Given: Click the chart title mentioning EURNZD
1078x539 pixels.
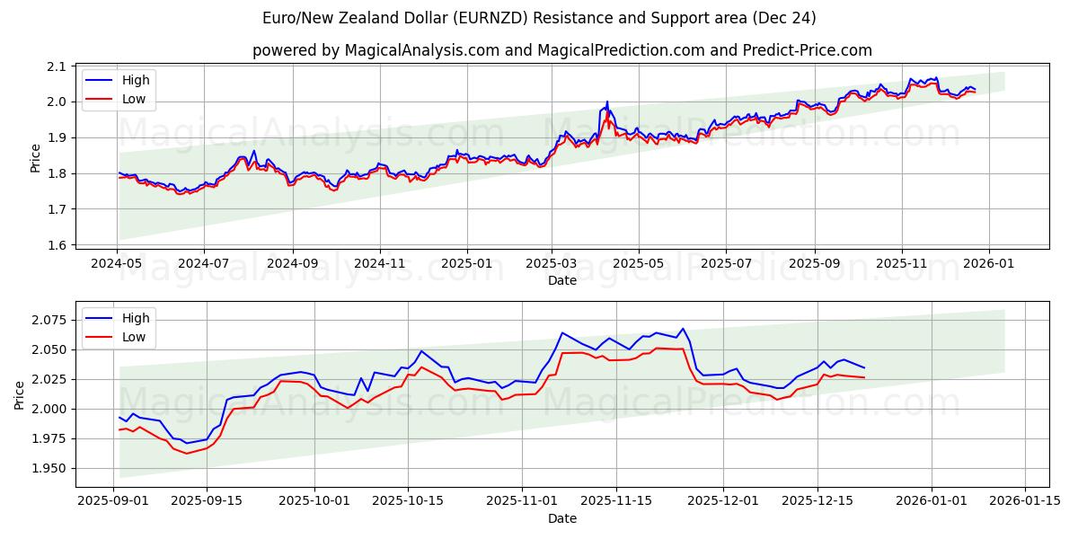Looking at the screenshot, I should [x=539, y=18].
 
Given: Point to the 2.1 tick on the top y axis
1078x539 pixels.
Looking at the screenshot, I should [x=57, y=66].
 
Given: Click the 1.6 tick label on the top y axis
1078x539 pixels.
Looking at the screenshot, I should [x=57, y=245].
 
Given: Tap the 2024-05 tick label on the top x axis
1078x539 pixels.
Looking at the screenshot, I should [x=117, y=264].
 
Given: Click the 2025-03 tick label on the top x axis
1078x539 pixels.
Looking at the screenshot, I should [x=551, y=264].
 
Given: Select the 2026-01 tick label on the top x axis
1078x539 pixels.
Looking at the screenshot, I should [x=989, y=264].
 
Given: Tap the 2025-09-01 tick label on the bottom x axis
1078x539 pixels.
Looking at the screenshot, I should [x=113, y=501].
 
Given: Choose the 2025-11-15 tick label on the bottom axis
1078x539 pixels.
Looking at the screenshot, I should [x=616, y=501].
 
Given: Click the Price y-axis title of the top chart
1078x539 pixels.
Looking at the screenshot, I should [x=35, y=157].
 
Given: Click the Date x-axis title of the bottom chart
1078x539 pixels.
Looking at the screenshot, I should [x=562, y=518].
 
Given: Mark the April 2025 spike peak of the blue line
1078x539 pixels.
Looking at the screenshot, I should [x=607, y=102].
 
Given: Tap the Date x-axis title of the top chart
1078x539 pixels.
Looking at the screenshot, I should [x=562, y=280].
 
